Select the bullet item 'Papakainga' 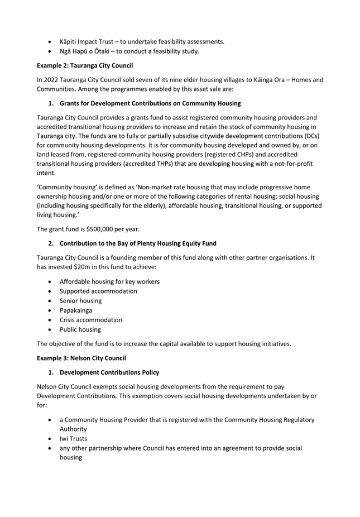point(77,310)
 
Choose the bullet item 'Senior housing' point(81,300)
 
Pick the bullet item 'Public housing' point(80,329)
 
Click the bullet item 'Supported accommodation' point(98,291)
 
